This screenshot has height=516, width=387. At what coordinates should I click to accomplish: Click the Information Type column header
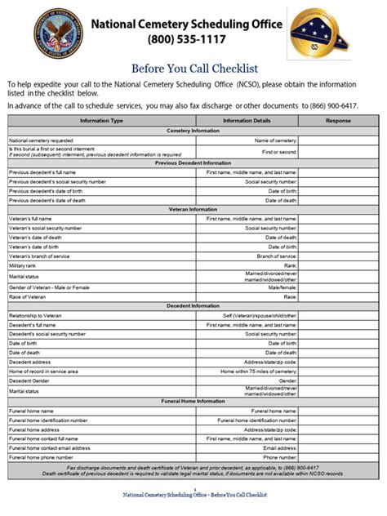[102, 121]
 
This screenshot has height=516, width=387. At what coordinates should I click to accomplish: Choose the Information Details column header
[247, 121]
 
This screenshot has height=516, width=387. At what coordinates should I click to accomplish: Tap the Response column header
[338, 121]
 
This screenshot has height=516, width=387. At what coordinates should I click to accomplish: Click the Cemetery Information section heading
[193, 131]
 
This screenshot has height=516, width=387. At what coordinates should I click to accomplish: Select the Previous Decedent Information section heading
[193, 162]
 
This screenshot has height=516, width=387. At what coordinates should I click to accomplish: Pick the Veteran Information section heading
[193, 209]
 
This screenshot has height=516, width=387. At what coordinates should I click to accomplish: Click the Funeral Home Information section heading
[193, 401]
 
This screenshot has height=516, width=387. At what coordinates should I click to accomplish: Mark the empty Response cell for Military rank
[338, 265]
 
